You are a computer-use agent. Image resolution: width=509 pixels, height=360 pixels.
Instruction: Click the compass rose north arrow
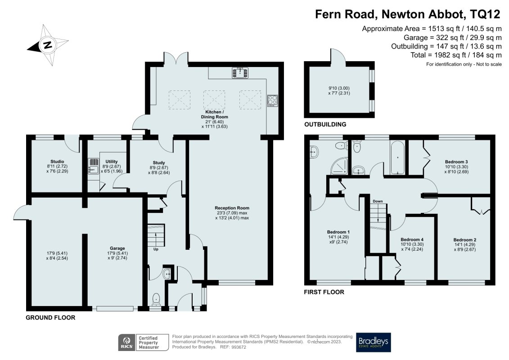coord(47,45)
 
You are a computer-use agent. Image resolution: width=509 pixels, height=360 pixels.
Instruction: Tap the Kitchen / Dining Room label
coord(214,117)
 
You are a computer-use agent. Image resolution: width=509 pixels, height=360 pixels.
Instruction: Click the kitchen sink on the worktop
coord(240,72)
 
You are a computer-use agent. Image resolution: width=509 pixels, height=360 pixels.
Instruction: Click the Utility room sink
coord(94,167)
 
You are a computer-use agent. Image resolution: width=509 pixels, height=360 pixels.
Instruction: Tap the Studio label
coord(57,162)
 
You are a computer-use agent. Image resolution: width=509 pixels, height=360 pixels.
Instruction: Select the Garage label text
coord(117,248)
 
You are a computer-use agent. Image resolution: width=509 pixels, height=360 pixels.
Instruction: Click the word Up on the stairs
coord(156,249)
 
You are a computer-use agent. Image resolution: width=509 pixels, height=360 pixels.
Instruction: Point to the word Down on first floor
coord(378,201)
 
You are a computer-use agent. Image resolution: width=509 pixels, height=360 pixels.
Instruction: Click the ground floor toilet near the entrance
coord(156,298)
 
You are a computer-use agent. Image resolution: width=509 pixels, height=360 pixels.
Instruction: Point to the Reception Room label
coord(232,208)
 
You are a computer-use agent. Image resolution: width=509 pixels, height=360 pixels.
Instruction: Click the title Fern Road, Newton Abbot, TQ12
coord(407,14)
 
